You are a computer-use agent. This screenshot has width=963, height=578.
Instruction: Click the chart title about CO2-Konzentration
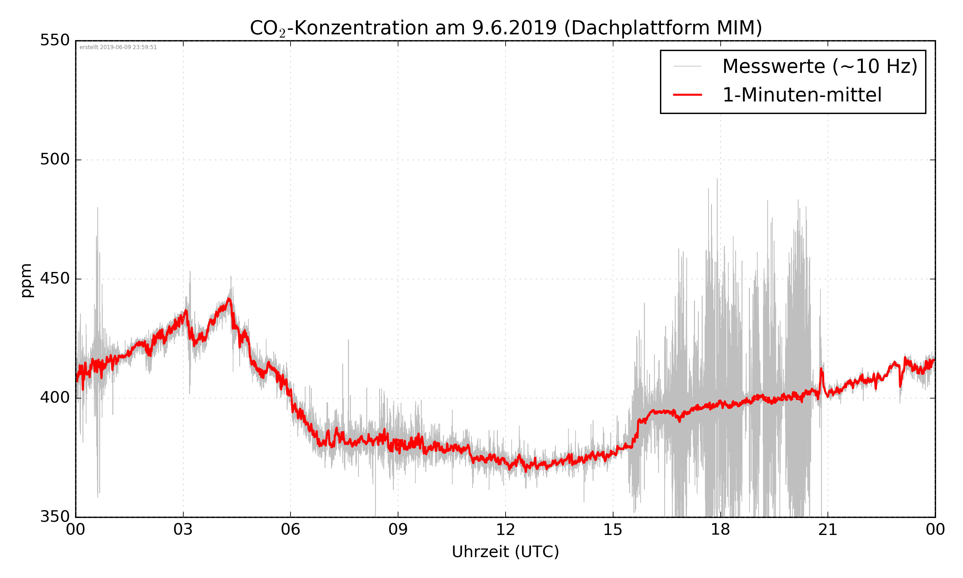[506, 28]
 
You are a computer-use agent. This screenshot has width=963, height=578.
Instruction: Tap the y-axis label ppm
[26, 280]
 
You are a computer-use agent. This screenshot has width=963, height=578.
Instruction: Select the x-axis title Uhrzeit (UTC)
[505, 552]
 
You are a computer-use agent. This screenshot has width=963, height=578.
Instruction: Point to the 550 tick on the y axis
[55, 40]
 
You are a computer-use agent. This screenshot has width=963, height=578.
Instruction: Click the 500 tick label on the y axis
[55, 159]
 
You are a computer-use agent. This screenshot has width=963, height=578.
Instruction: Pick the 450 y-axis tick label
[55, 278]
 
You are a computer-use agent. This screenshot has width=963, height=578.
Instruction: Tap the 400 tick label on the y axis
[55, 398]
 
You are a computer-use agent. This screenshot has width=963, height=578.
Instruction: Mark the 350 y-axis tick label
[55, 517]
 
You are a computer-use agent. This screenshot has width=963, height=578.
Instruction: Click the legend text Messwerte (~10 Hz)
[820, 66]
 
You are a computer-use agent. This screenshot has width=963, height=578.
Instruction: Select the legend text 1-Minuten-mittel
[802, 95]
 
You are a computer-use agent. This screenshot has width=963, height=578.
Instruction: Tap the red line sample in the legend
[687, 95]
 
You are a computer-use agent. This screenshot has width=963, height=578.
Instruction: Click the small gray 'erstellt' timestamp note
[118, 48]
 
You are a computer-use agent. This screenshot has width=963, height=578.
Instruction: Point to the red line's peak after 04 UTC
[229, 299]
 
